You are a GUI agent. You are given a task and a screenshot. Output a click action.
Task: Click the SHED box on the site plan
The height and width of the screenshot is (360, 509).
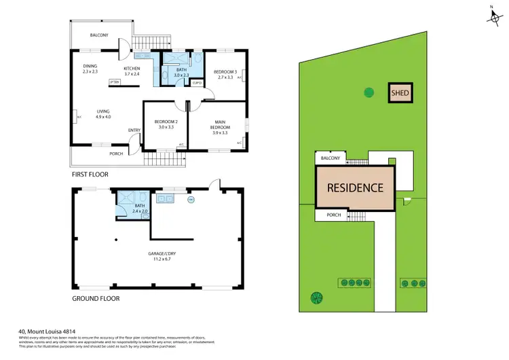click(400, 93)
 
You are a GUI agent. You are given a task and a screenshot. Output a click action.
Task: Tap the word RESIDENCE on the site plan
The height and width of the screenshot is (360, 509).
click(356, 187)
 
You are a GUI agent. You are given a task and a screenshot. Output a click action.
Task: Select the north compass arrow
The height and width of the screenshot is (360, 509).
click(491, 15)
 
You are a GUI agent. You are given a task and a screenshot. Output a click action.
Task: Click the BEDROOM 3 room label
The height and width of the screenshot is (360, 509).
click(225, 72)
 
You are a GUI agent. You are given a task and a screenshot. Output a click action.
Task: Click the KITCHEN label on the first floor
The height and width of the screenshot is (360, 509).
click(131, 69)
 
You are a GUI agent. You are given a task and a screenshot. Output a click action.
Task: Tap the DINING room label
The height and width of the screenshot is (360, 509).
click(90, 66)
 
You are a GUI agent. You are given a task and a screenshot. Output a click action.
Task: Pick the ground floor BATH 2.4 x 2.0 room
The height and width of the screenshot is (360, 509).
click(138, 210)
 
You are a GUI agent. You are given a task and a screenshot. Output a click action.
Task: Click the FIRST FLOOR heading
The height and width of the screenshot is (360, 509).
click(90, 175)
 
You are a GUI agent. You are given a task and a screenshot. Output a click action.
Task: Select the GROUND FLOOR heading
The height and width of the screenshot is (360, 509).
click(96, 298)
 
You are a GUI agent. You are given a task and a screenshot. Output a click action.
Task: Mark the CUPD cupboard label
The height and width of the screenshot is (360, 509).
click(197, 82)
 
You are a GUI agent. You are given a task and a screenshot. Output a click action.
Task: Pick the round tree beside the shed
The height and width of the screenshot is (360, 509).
click(368, 92)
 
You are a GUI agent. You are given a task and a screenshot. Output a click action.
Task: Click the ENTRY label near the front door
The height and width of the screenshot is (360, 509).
click(134, 130)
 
